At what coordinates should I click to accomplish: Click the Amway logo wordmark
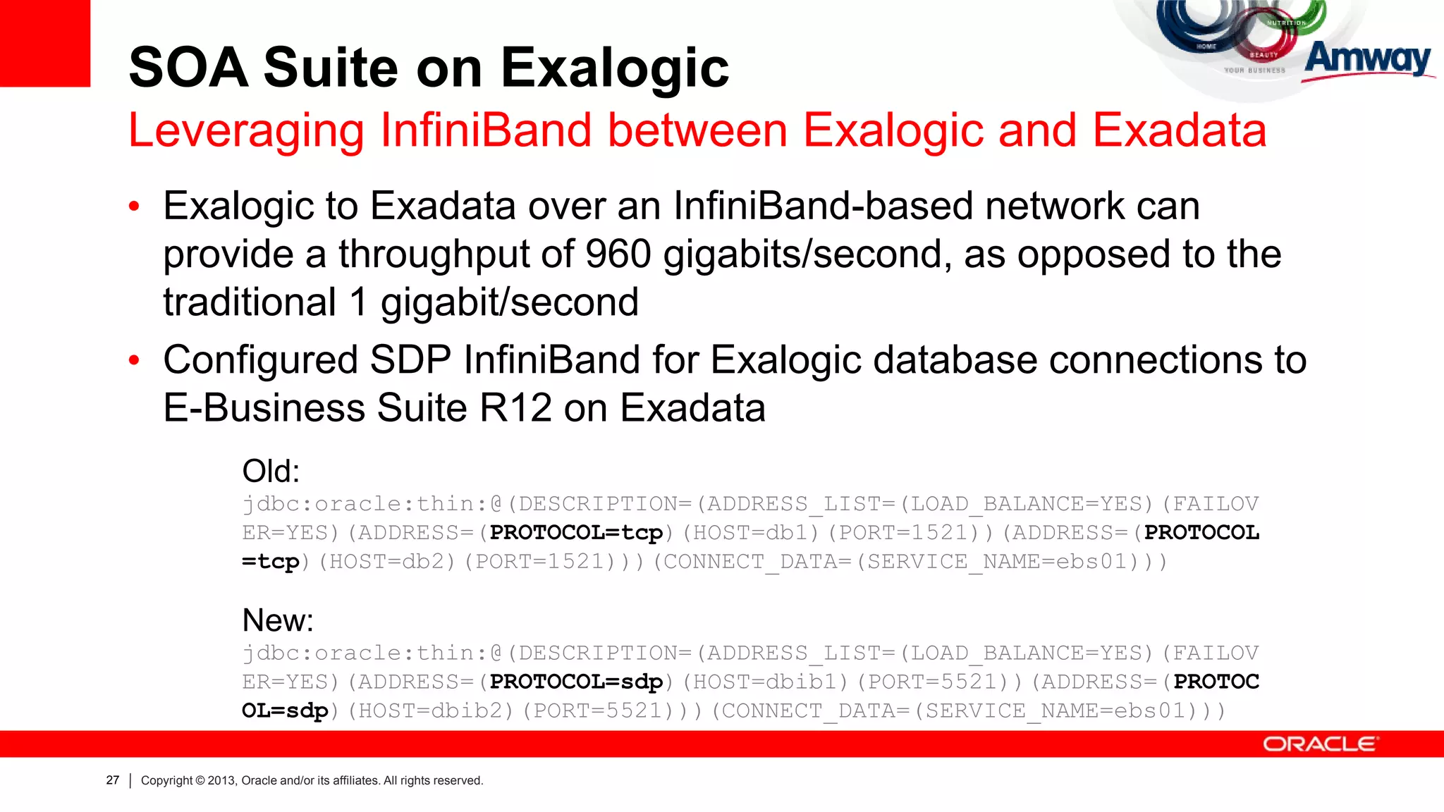point(1368,59)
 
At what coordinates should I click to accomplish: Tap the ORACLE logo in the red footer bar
point(1319,744)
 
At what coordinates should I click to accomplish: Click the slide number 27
point(113,780)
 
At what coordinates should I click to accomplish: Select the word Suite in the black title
point(332,68)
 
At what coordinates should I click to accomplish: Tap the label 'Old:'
point(271,471)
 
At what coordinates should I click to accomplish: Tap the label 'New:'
point(277,620)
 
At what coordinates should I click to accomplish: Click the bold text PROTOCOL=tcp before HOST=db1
point(576,532)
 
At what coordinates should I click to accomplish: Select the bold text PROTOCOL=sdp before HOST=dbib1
point(576,682)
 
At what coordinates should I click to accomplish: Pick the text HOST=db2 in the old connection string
point(387,562)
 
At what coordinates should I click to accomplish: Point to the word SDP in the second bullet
point(410,360)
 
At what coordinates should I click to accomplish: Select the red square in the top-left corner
point(45,43)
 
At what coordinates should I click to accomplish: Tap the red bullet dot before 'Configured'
point(135,361)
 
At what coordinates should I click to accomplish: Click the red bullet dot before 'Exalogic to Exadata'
point(135,207)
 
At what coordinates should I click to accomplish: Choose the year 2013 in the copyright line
point(221,780)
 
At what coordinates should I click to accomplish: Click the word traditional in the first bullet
point(250,302)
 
